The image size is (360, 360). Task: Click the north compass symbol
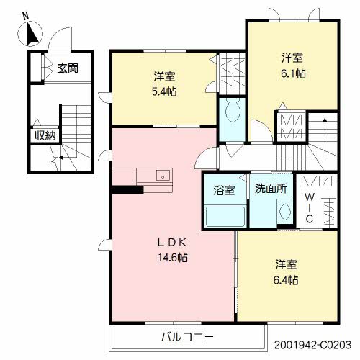click(32, 34)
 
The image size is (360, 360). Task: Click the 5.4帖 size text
click(165, 91)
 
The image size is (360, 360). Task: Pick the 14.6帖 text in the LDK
click(174, 257)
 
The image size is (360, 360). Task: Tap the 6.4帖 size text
click(285, 280)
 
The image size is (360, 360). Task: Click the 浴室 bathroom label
click(224, 190)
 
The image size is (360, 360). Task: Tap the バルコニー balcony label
click(187, 337)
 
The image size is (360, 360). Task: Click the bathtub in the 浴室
click(223, 216)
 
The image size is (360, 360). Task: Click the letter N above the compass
click(26, 14)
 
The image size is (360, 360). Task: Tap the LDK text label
click(173, 243)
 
